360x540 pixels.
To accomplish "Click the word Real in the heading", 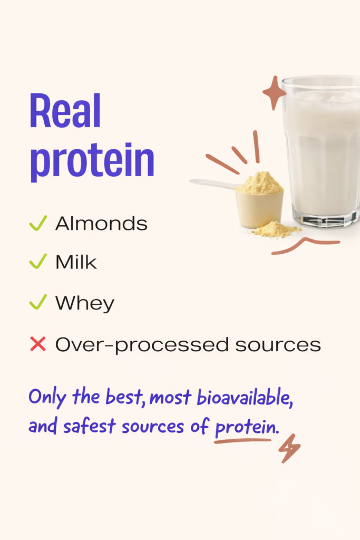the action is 65,111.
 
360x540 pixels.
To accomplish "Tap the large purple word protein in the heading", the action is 92,162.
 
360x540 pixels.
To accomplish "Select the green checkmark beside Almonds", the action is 38,223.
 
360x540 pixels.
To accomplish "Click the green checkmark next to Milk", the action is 38,262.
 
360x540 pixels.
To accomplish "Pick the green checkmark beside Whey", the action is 38,302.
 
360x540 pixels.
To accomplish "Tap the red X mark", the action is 38,344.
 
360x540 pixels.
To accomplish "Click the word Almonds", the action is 102,224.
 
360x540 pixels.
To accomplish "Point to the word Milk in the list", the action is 76,262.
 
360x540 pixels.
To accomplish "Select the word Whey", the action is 85,304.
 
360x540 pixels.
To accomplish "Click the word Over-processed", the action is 142,345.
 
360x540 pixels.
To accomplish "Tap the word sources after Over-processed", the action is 278,345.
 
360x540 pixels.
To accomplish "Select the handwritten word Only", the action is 47,398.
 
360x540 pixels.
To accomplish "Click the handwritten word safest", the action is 89,426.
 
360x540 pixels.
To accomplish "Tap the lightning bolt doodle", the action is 289,448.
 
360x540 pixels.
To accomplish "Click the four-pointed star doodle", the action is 274,93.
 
